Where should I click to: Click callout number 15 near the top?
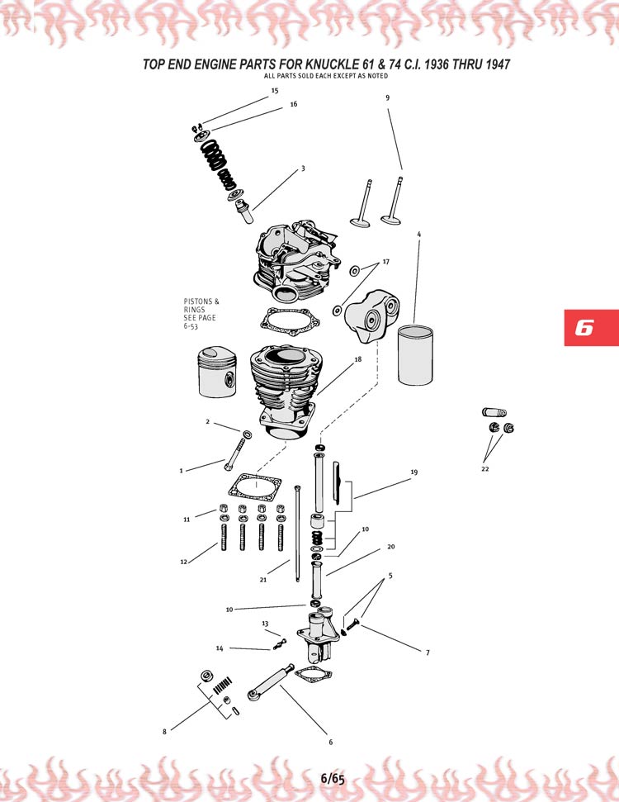click(275, 89)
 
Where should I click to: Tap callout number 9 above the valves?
click(387, 97)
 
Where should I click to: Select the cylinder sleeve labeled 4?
click(414, 355)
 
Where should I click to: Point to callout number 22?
click(484, 468)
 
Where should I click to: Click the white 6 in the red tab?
click(584, 327)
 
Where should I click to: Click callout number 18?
click(358, 360)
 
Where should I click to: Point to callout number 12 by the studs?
click(184, 562)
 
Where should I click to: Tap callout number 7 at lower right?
click(428, 653)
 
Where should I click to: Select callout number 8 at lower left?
click(164, 731)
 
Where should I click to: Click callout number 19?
click(413, 472)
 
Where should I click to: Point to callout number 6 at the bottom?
click(331, 742)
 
